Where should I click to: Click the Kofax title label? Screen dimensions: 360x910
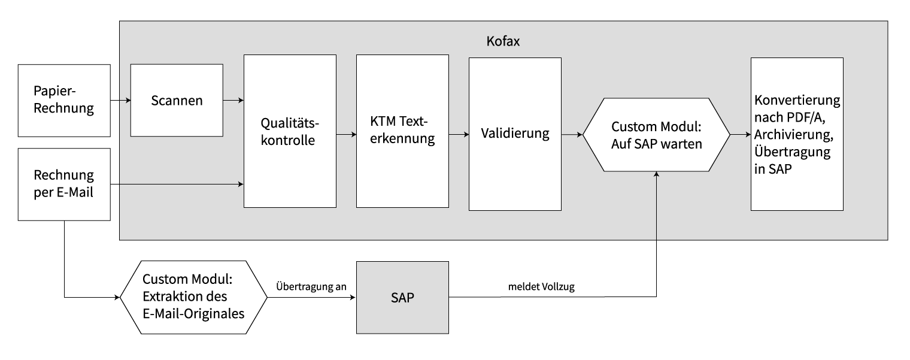(503, 43)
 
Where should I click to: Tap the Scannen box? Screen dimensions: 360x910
(176, 100)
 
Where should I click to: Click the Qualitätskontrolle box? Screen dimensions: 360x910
(290, 131)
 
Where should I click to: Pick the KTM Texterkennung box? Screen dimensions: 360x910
(402, 131)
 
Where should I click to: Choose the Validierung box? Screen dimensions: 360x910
(515, 134)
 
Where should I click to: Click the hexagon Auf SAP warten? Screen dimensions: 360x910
(657, 135)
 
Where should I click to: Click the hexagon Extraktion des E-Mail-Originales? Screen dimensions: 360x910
(193, 297)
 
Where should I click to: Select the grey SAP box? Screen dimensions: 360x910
(402, 298)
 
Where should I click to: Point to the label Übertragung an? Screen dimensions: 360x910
(311, 286)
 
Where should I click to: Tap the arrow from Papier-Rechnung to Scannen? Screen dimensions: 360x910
(120, 100)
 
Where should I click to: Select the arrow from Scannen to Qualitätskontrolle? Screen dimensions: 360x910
(233, 100)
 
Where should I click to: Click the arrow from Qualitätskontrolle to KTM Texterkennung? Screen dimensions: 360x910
(345, 135)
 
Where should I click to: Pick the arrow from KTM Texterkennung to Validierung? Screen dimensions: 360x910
(459, 135)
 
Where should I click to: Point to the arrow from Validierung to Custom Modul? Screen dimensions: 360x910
(572, 135)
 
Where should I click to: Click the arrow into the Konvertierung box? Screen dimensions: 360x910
(741, 135)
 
